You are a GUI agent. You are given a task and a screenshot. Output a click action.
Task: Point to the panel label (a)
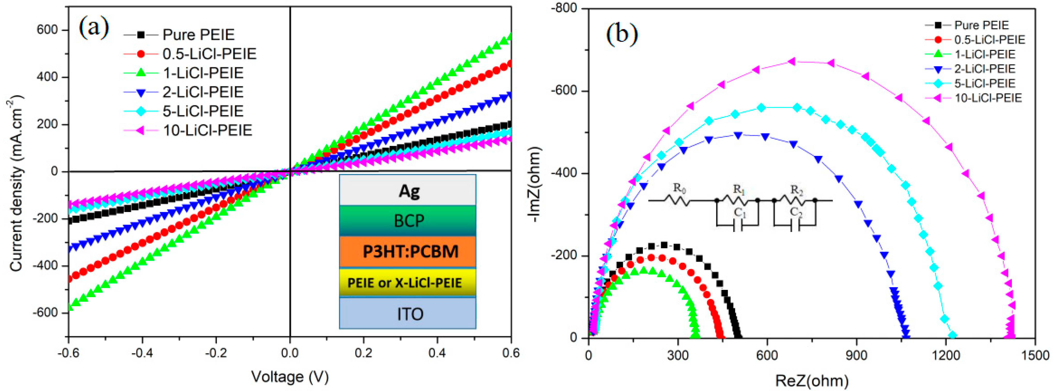tap(94, 28)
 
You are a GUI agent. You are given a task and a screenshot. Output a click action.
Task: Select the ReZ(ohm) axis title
tap(812, 381)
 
